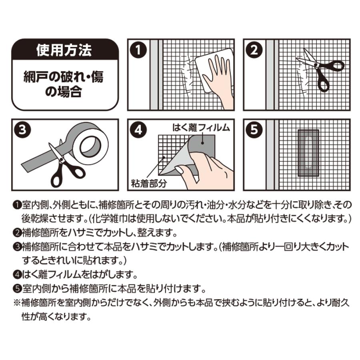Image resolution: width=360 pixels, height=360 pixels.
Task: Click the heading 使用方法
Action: (64, 50)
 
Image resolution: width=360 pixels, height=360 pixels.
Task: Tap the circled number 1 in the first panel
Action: (138, 50)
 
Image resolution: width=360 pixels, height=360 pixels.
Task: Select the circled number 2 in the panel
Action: (254, 50)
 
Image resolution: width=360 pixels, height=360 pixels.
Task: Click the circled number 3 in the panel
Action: (22, 130)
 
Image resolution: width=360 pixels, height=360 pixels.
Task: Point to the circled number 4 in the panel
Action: (138, 130)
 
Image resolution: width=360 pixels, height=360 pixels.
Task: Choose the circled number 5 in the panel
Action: (254, 130)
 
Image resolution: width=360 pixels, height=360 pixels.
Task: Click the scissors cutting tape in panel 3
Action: (66, 164)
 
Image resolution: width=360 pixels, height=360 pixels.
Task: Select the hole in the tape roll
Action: (90, 147)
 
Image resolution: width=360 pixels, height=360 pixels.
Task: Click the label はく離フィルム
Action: (201, 128)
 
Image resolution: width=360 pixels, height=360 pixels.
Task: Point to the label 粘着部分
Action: (148, 184)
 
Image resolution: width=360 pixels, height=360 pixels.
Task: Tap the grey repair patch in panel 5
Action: (308, 153)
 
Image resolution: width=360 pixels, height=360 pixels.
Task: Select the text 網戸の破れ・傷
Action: (64, 77)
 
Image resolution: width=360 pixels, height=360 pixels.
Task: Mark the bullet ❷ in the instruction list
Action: (18, 233)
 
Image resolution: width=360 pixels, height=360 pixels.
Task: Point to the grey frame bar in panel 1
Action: (154, 75)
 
